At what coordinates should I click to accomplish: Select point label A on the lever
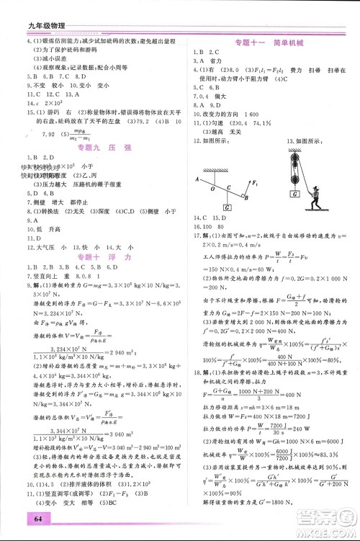pos(197,177)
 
